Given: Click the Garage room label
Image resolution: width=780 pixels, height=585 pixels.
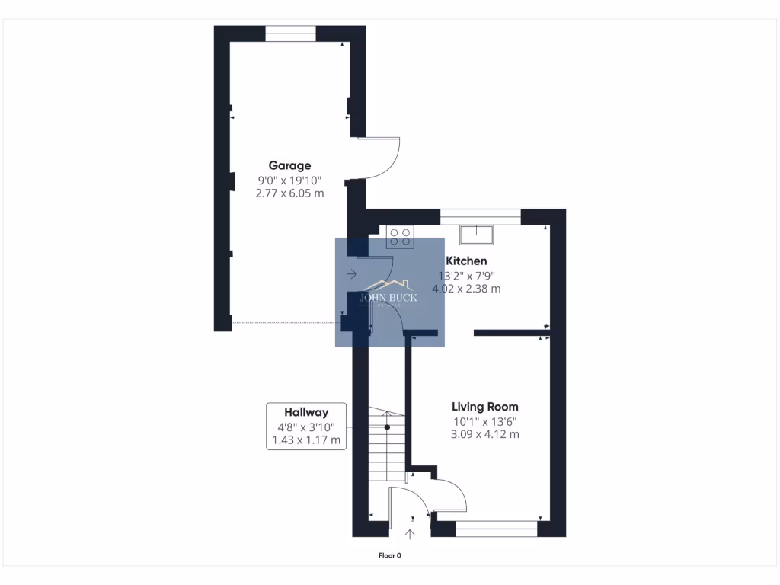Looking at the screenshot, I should click(289, 165).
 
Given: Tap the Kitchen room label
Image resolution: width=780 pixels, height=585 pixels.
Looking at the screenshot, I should click(466, 261).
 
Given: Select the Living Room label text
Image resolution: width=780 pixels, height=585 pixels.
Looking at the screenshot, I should click(484, 407).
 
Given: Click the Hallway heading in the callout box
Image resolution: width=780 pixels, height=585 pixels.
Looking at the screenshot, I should click(306, 412).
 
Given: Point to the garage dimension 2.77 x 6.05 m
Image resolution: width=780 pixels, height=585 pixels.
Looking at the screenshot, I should click(289, 193).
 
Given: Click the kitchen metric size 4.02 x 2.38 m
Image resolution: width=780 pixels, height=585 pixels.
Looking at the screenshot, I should click(466, 289).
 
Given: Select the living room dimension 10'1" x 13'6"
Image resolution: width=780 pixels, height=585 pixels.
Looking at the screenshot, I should click(484, 421).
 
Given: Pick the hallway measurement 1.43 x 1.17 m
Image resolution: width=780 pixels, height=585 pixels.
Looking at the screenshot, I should click(306, 440).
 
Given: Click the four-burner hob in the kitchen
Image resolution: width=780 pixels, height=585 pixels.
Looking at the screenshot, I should click(401, 238).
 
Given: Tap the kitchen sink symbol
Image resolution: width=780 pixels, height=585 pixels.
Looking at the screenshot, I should click(477, 233).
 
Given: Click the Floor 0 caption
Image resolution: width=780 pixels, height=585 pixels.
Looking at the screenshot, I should click(389, 555).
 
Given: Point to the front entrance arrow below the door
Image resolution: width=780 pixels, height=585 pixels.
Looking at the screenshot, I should click(411, 535).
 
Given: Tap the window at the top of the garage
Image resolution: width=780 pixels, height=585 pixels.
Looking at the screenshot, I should click(289, 34).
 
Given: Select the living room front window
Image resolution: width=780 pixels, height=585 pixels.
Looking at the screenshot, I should click(496, 529).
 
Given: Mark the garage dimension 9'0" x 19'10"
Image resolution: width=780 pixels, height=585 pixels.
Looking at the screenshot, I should click(289, 181).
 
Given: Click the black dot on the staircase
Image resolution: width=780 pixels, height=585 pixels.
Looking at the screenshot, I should click(387, 427).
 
